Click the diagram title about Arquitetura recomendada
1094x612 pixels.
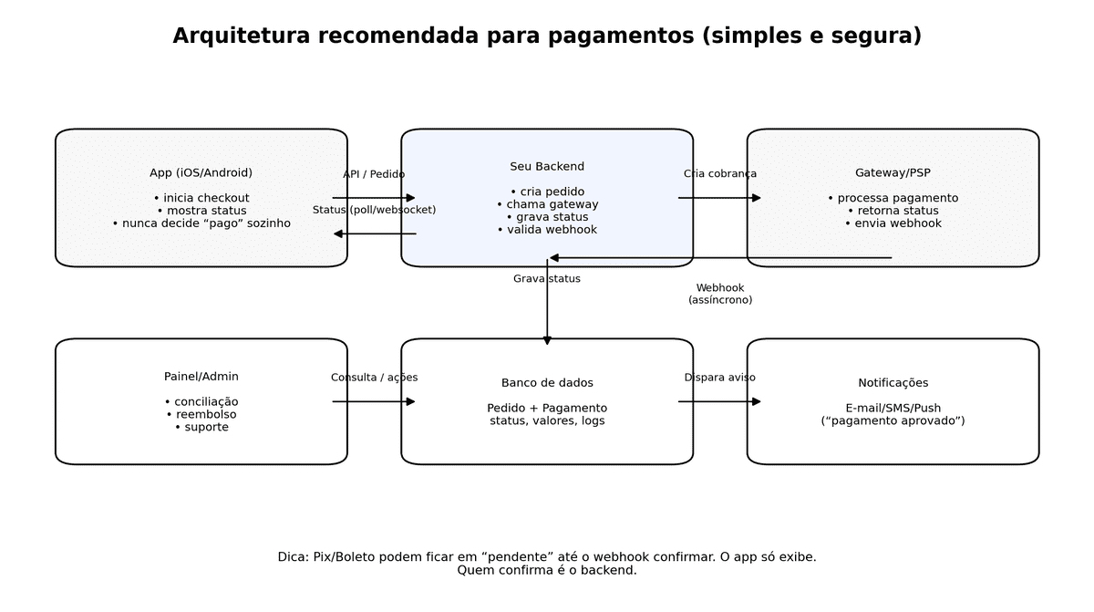[547, 36]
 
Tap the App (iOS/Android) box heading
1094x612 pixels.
[201, 172]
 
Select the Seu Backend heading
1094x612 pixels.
[547, 167]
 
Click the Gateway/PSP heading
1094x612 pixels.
[893, 172]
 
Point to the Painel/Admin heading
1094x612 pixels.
[201, 377]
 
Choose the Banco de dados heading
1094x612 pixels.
[547, 383]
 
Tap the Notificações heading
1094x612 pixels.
[893, 383]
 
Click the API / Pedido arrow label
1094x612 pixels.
[374, 174]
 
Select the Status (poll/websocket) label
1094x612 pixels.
[374, 210]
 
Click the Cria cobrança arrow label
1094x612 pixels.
[719, 174]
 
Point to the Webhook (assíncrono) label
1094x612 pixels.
[719, 294]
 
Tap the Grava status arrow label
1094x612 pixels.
[546, 279]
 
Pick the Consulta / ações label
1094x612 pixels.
[374, 378]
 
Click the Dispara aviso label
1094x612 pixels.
[719, 378]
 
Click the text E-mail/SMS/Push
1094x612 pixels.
[893, 408]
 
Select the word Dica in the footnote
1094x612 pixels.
[293, 557]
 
